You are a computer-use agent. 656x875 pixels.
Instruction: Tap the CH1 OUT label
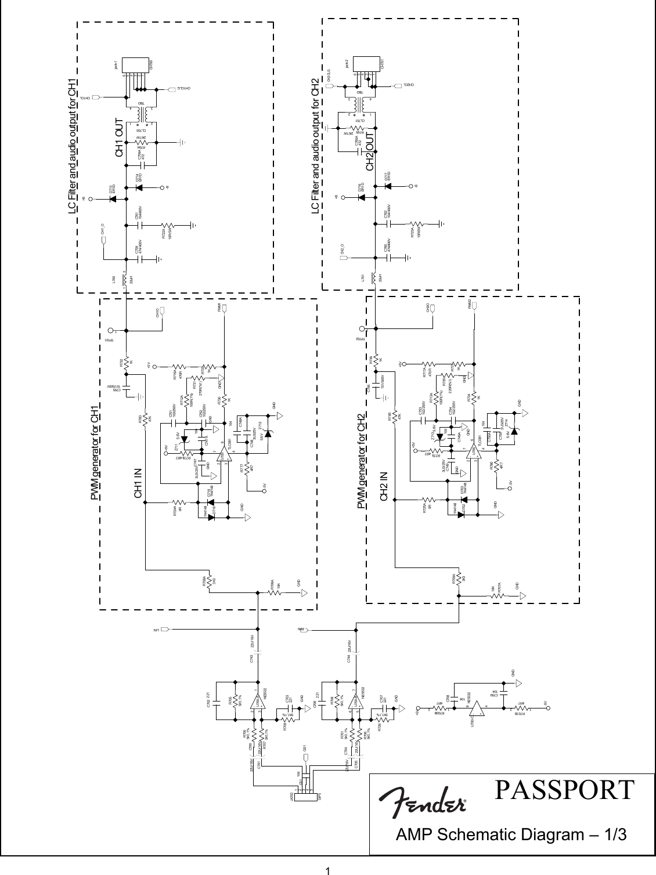(x=120, y=139)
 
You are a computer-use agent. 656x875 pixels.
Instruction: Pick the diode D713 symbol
(x=113, y=197)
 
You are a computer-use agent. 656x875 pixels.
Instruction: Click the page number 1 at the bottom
(x=327, y=870)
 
